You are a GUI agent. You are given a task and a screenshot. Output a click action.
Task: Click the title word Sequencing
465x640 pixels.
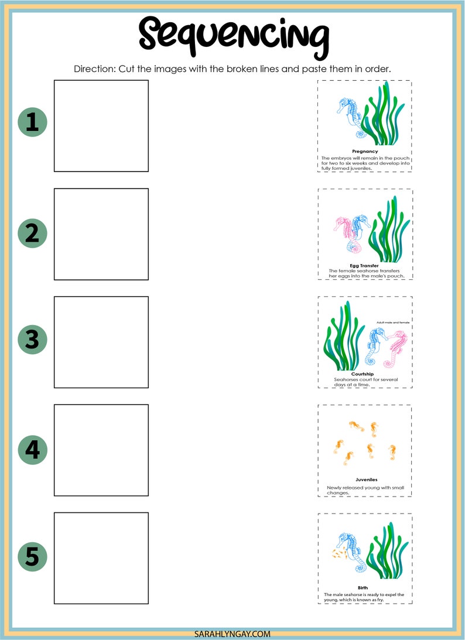click(233, 34)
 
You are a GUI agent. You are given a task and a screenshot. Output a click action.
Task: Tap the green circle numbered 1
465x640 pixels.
click(32, 122)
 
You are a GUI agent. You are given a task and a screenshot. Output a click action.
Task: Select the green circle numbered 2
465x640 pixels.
click(32, 234)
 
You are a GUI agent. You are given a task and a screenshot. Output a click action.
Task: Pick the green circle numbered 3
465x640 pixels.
click(32, 340)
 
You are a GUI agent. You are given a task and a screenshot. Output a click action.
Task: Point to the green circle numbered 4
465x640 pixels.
click(32, 450)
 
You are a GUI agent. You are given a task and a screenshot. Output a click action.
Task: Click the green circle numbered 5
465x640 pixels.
click(32, 556)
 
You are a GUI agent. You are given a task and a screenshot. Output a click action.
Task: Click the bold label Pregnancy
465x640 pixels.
click(365, 151)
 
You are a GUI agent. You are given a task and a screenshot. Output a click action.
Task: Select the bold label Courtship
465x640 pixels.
click(363, 374)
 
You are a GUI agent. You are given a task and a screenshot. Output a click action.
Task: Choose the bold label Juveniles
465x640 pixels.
click(366, 479)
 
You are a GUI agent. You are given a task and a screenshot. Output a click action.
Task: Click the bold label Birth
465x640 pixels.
click(363, 587)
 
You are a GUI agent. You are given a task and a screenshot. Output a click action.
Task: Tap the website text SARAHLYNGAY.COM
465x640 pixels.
click(232, 634)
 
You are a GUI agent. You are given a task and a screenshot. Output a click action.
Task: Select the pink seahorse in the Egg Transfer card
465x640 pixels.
click(345, 233)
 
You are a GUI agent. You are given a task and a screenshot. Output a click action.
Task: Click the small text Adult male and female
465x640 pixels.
click(393, 323)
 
